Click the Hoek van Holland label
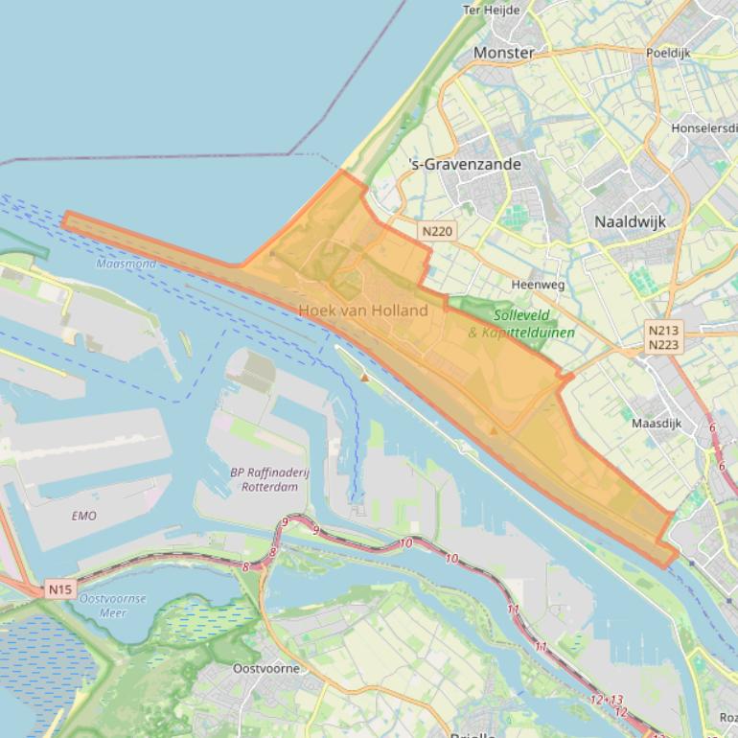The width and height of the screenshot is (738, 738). pyautogui.click(x=363, y=311)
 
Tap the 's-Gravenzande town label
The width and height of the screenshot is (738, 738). pyautogui.click(x=465, y=164)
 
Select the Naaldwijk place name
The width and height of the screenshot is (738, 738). pyautogui.click(x=630, y=221)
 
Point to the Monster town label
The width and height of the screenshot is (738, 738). pyautogui.click(x=504, y=53)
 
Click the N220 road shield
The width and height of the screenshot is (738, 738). pyautogui.click(x=437, y=231)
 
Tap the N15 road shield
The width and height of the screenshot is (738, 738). pyautogui.click(x=59, y=589)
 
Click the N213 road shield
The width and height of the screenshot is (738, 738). pyautogui.click(x=663, y=331)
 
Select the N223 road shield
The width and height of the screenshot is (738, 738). pyautogui.click(x=663, y=345)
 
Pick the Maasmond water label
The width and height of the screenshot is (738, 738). pyautogui.click(x=126, y=264)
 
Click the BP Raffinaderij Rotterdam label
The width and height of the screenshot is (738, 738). pyautogui.click(x=264, y=479)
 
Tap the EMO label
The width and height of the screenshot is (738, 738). pyautogui.click(x=84, y=516)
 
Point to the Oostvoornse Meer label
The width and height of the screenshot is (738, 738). pyautogui.click(x=113, y=606)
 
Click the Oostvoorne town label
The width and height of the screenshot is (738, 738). pyautogui.click(x=266, y=668)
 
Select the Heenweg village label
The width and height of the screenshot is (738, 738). pyautogui.click(x=538, y=285)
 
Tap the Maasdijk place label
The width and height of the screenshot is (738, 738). pyautogui.click(x=657, y=423)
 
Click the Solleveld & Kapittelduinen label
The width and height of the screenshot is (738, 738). pyautogui.click(x=522, y=324)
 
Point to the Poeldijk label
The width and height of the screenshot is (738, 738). pyautogui.click(x=669, y=54)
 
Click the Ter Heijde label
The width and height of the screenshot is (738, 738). pyautogui.click(x=491, y=11)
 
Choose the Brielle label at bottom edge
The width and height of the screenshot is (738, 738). pyautogui.click(x=473, y=733)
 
